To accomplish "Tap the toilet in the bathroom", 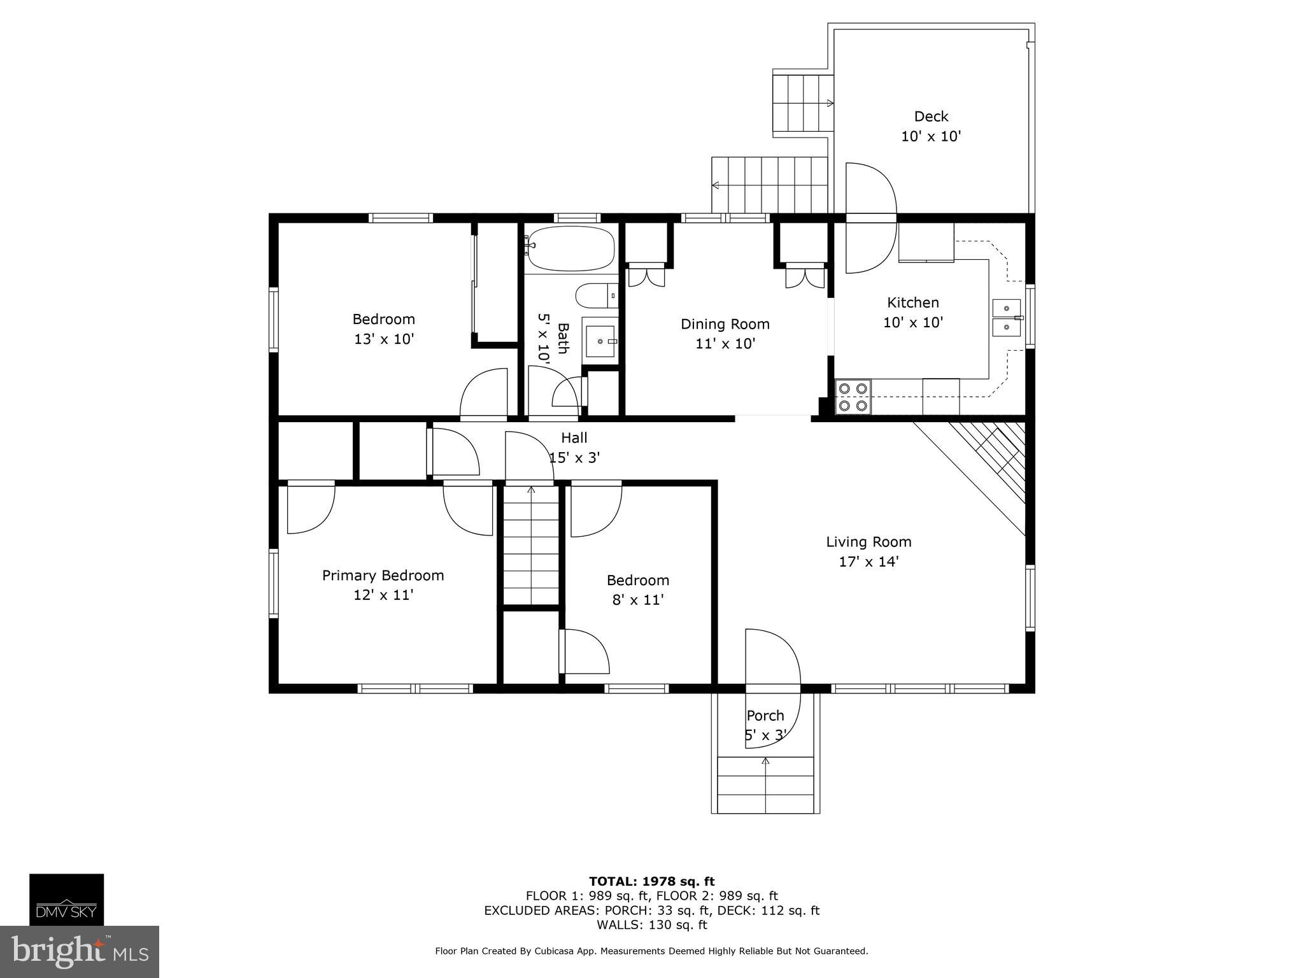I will [x=596, y=295].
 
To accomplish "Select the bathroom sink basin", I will [x=600, y=341].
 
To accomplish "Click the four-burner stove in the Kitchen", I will [x=853, y=397].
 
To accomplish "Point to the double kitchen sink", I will [x=1007, y=318].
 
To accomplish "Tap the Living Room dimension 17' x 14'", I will [x=868, y=562].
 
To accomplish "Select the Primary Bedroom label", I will [x=383, y=576].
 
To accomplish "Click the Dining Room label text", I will [x=725, y=324].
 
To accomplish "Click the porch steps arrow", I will [x=765, y=761].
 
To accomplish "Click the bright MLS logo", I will [x=80, y=952].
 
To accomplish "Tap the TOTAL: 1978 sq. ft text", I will [x=651, y=881].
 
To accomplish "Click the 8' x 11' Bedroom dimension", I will [x=638, y=600].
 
